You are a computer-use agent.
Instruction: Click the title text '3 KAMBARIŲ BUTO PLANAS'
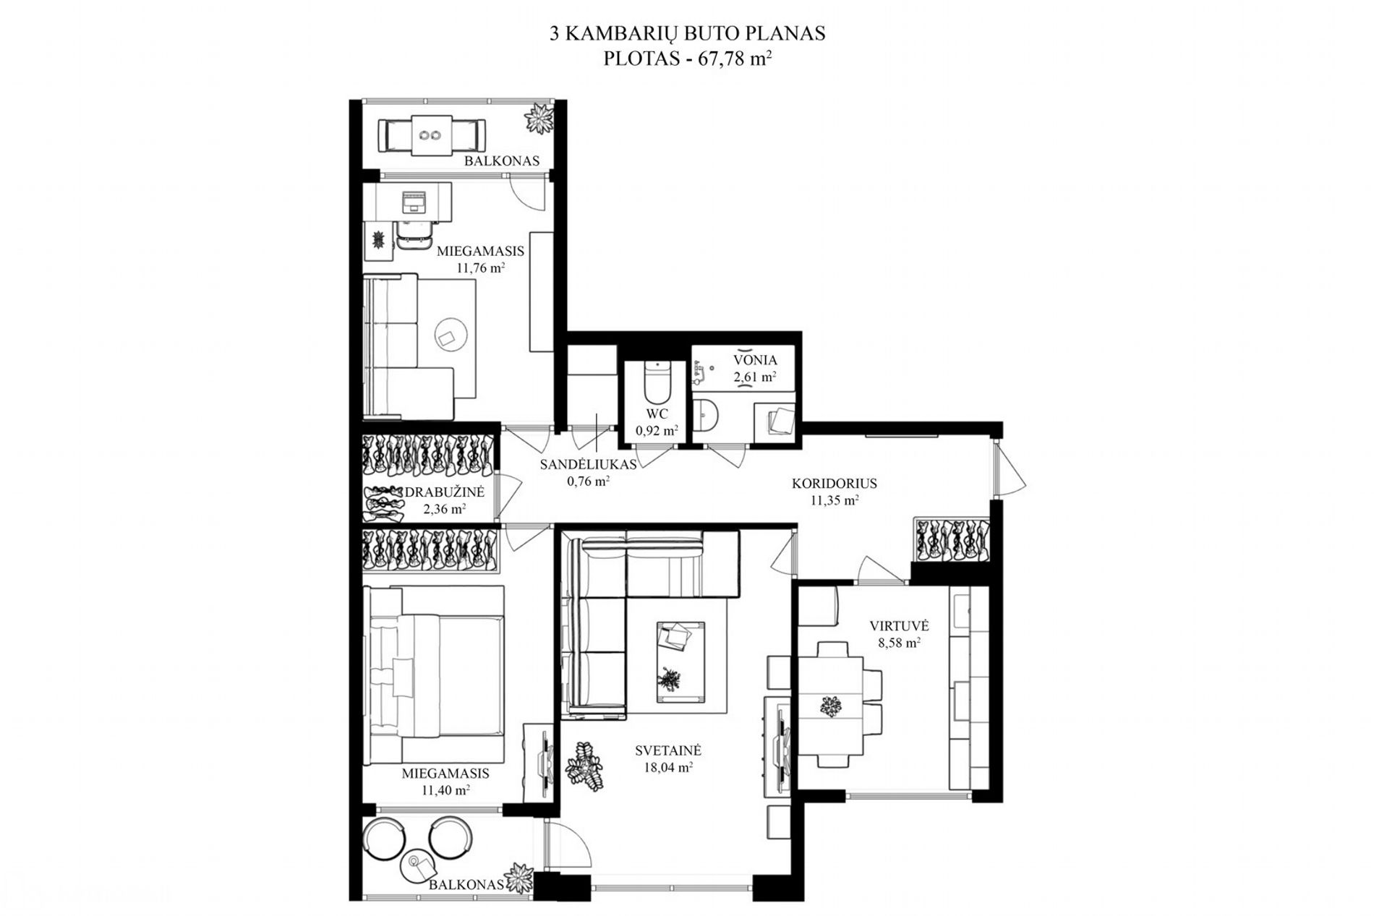click(x=687, y=33)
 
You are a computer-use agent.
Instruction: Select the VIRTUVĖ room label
click(x=899, y=626)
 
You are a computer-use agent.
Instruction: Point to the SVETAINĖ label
click(x=668, y=750)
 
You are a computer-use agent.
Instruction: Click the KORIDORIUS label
click(x=834, y=483)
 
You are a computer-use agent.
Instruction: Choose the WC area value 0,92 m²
click(x=657, y=431)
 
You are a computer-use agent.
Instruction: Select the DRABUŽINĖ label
click(x=444, y=492)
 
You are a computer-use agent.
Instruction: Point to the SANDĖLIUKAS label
click(x=589, y=464)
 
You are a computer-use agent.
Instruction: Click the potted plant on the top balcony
click(x=539, y=117)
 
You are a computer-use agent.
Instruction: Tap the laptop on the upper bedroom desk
click(x=414, y=201)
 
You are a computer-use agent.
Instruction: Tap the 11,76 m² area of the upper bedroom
click(x=480, y=267)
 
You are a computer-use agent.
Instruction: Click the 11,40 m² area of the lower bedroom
click(x=445, y=790)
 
